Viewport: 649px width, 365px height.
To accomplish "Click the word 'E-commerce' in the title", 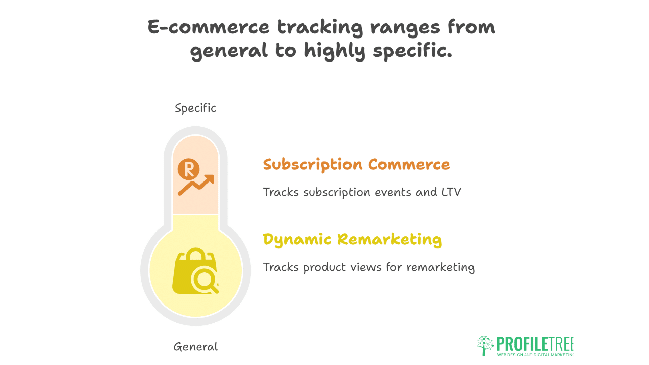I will (x=208, y=27).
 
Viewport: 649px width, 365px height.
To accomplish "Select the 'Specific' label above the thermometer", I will (x=195, y=108).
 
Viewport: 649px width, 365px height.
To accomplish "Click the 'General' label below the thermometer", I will (x=195, y=347).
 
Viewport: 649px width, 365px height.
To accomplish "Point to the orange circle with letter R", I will (x=188, y=169).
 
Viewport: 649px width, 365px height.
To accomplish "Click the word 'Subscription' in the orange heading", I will (x=312, y=165).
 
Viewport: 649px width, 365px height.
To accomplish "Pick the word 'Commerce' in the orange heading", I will (x=409, y=164).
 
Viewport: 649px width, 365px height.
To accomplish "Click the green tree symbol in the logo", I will (x=485, y=345).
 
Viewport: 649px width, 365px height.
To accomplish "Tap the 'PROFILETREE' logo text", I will (x=534, y=344).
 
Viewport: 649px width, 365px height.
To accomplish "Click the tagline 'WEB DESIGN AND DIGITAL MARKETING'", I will (x=535, y=355).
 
